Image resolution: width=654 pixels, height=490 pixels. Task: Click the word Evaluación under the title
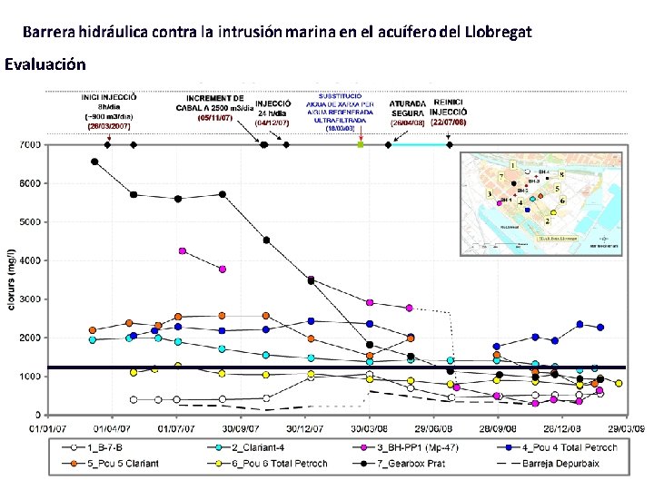pos(45,64)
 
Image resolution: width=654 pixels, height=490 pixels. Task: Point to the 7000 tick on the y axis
pos(29,144)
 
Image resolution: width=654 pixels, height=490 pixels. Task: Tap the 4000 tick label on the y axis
pos(29,260)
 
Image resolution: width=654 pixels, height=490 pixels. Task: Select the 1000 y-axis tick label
pos(29,376)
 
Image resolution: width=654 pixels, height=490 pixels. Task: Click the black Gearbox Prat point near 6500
pos(94,162)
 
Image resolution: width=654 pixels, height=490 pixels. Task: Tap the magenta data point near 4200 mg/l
pos(183,250)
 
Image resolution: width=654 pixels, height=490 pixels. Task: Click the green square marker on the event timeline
pos(361,144)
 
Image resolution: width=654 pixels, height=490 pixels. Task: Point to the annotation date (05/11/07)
pos(215,118)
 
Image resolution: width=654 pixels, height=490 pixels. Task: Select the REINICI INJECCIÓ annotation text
pos(451,107)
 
